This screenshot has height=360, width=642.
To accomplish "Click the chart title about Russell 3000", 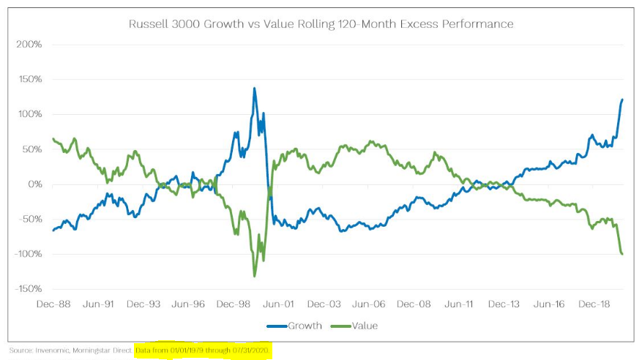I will point(321,24).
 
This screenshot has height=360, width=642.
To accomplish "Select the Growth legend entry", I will point(302,326).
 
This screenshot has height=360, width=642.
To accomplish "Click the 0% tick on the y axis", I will point(34,184).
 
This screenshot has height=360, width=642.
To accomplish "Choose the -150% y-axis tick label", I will point(26,289).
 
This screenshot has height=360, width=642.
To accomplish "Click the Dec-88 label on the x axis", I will point(54,303).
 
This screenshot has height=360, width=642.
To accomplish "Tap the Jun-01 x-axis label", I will point(279,303).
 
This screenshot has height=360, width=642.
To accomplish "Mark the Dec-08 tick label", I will point(414,303).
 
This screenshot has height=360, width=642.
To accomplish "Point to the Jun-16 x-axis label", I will point(549,303).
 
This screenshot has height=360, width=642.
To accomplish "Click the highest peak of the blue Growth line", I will point(254,89).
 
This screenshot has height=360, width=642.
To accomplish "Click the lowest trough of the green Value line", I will point(255,276).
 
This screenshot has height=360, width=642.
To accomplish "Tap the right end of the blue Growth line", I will point(622,100).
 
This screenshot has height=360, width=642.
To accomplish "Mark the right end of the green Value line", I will point(622,254).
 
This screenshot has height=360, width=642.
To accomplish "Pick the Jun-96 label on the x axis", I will point(189,303).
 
